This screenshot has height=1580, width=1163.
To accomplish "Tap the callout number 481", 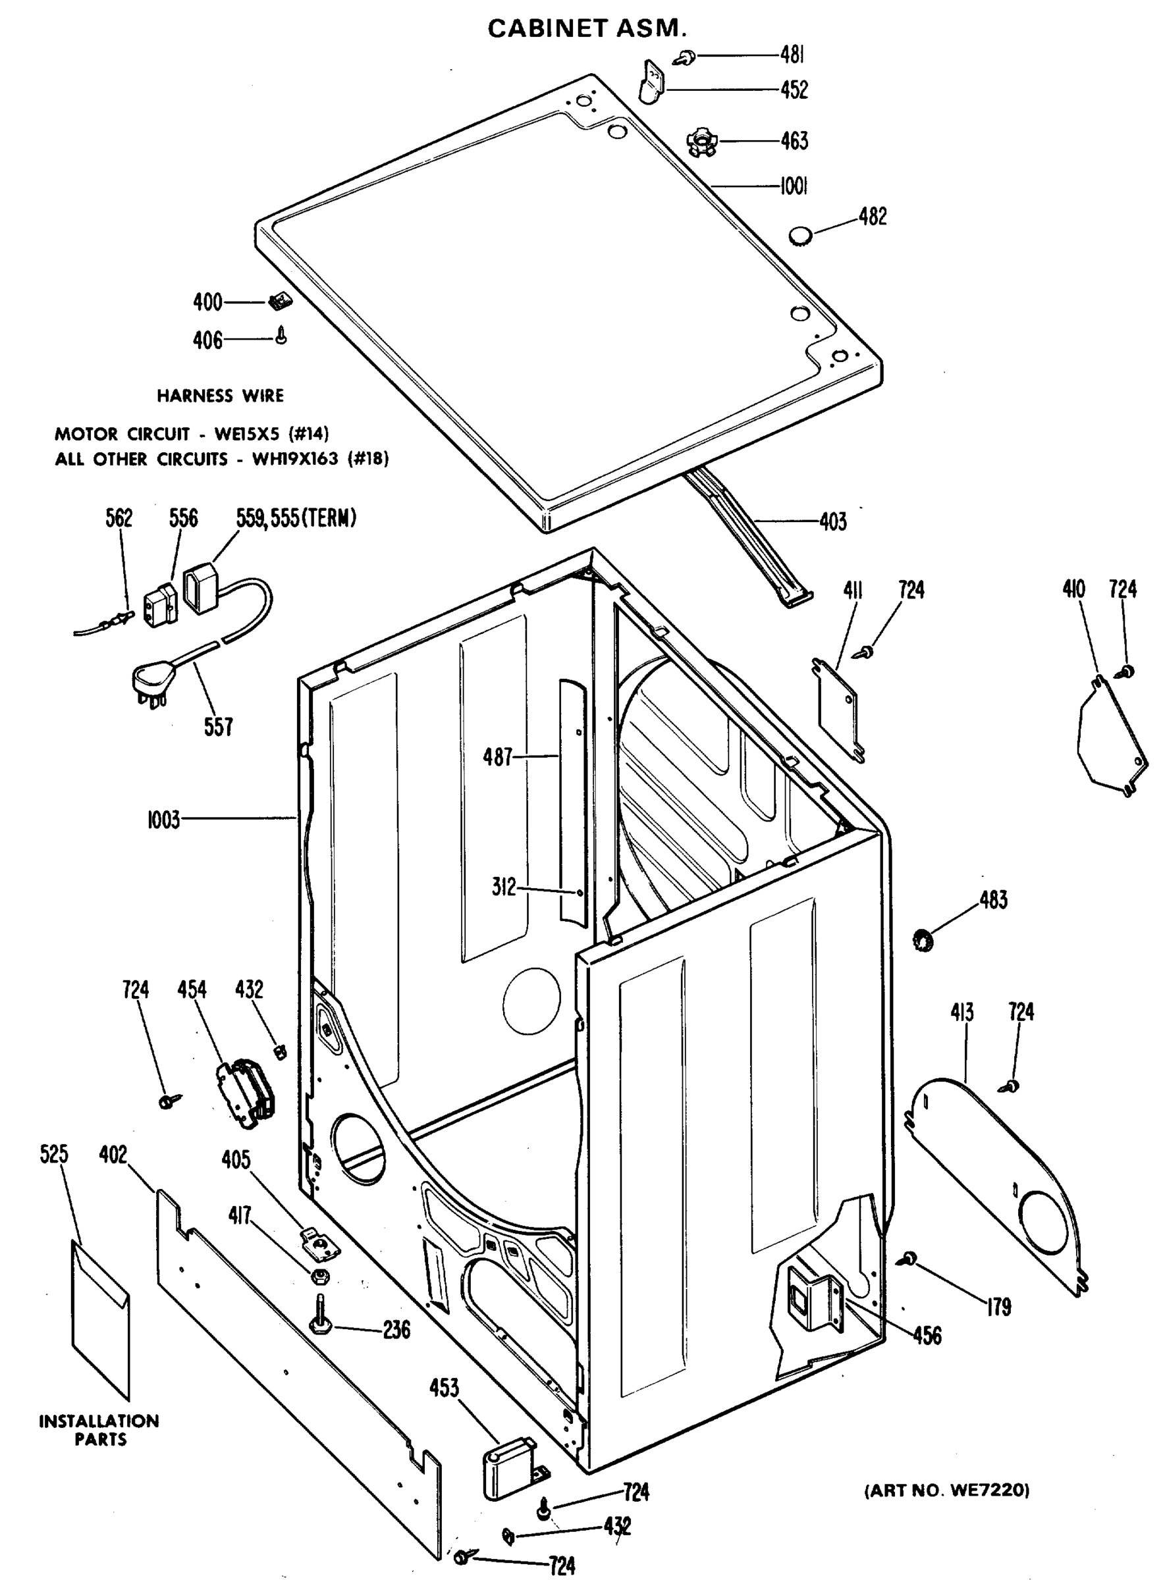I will (x=792, y=54).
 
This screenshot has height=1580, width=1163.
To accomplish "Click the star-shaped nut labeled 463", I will (x=701, y=141).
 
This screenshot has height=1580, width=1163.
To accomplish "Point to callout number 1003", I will (x=163, y=820).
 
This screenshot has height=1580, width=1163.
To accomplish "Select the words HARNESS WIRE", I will (x=220, y=396).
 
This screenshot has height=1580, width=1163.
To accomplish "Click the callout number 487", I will (x=497, y=757).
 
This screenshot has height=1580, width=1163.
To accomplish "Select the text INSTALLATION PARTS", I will (x=99, y=1430).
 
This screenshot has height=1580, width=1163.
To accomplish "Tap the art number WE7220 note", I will (x=946, y=1490).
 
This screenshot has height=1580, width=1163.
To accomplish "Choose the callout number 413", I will (x=961, y=1013).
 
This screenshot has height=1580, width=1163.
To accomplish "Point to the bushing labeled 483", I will (x=921, y=939).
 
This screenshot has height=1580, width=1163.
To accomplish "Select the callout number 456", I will (x=927, y=1335).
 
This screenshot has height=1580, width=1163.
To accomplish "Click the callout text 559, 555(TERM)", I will (x=296, y=519).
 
